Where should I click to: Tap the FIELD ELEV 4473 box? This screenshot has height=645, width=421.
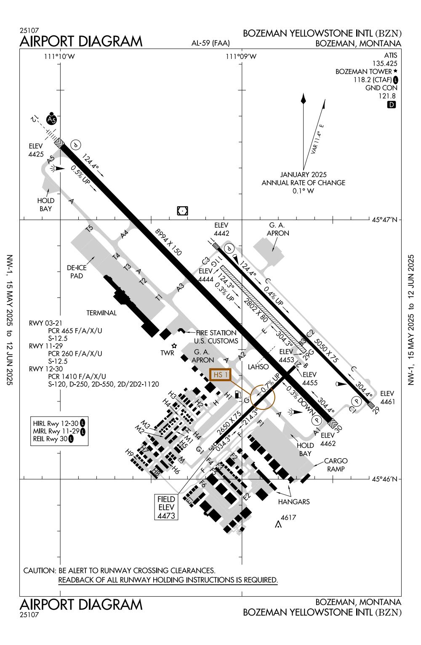[x=166, y=507]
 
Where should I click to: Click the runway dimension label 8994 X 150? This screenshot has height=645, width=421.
[x=168, y=242]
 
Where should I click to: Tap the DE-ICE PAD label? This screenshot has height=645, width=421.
[x=77, y=272]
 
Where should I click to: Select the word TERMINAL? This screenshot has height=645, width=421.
[x=101, y=313]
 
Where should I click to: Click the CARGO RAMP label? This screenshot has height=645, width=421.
[x=336, y=465]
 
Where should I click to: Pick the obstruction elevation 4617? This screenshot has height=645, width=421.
[x=288, y=518]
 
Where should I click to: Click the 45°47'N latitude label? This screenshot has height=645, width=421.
[x=387, y=220]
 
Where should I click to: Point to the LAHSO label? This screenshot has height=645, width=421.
[x=258, y=367]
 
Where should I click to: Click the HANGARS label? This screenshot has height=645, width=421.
[x=294, y=502]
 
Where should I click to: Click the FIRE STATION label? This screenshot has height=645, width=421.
[x=216, y=333]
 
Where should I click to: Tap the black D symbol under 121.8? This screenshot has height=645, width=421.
[x=392, y=105]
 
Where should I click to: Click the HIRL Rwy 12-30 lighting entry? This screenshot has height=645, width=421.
[x=56, y=423]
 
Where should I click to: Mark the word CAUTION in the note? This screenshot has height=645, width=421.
[x=39, y=571]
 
